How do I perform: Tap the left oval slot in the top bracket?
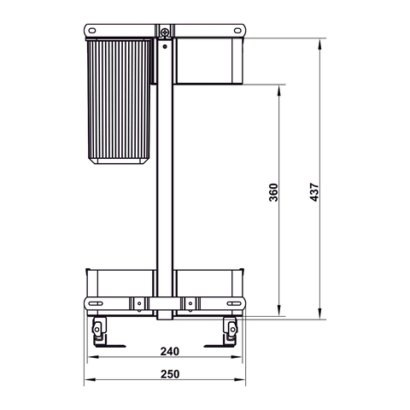tap(89, 32)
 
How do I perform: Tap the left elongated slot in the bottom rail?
tap(97, 304)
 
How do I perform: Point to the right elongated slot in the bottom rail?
tap(232, 304)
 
